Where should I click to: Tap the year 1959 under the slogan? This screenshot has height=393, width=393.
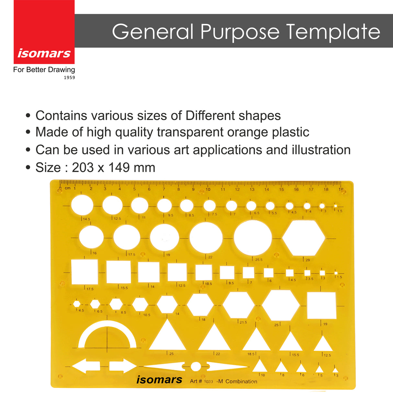69,77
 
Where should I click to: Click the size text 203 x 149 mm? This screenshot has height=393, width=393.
113,168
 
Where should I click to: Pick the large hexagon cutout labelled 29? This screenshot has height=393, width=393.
304,238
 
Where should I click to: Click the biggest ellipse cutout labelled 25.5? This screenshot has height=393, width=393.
253,238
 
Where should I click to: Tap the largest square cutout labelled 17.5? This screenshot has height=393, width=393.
84,272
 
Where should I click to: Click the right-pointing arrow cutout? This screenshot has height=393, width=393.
123,366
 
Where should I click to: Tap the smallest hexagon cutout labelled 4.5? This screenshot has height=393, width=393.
77,304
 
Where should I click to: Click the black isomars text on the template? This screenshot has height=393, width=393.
159,379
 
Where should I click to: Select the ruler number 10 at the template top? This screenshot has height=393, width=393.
208,189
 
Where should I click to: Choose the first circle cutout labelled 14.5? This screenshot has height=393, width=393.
82,205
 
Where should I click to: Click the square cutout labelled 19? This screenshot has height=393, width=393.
321,305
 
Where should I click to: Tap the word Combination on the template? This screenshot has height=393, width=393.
241,381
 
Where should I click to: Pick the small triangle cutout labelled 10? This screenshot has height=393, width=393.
260,366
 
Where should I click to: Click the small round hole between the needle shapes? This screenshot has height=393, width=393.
196,366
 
